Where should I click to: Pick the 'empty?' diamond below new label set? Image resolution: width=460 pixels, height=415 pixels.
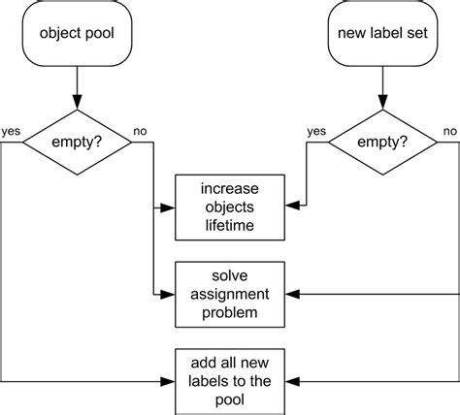(x=380, y=142)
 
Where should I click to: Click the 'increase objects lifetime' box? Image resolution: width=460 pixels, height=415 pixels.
(x=230, y=207)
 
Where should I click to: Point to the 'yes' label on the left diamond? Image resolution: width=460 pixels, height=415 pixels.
(x=13, y=131)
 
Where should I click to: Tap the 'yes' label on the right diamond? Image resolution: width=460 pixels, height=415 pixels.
(x=315, y=131)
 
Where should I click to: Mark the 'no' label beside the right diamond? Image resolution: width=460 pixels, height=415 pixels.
(x=449, y=131)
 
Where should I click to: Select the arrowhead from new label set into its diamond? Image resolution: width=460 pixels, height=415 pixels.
(x=380, y=103)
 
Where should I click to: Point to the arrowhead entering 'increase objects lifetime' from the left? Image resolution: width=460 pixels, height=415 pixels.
(x=168, y=207)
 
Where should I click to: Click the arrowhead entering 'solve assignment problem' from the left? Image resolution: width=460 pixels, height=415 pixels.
(x=168, y=292)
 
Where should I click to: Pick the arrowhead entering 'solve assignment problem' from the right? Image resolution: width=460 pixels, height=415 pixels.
(x=292, y=292)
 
